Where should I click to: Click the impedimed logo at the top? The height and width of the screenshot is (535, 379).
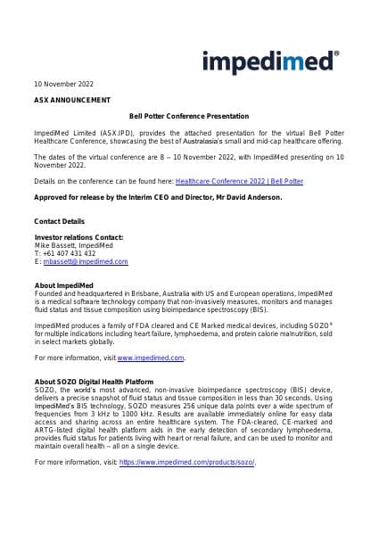(270, 61)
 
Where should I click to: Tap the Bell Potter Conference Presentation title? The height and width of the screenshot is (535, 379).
(189, 116)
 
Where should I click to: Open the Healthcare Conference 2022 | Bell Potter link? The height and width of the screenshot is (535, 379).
(239, 180)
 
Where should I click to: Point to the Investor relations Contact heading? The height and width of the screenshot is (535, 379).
(78, 237)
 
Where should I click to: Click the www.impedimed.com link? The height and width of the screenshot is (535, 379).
(151, 358)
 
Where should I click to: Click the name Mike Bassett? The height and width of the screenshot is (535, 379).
(53, 245)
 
